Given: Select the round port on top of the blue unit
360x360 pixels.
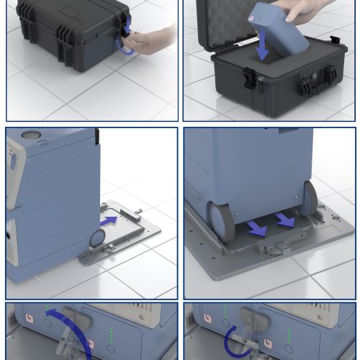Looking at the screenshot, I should click(x=31, y=135).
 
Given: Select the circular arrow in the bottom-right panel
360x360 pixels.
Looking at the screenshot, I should click(x=237, y=341).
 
